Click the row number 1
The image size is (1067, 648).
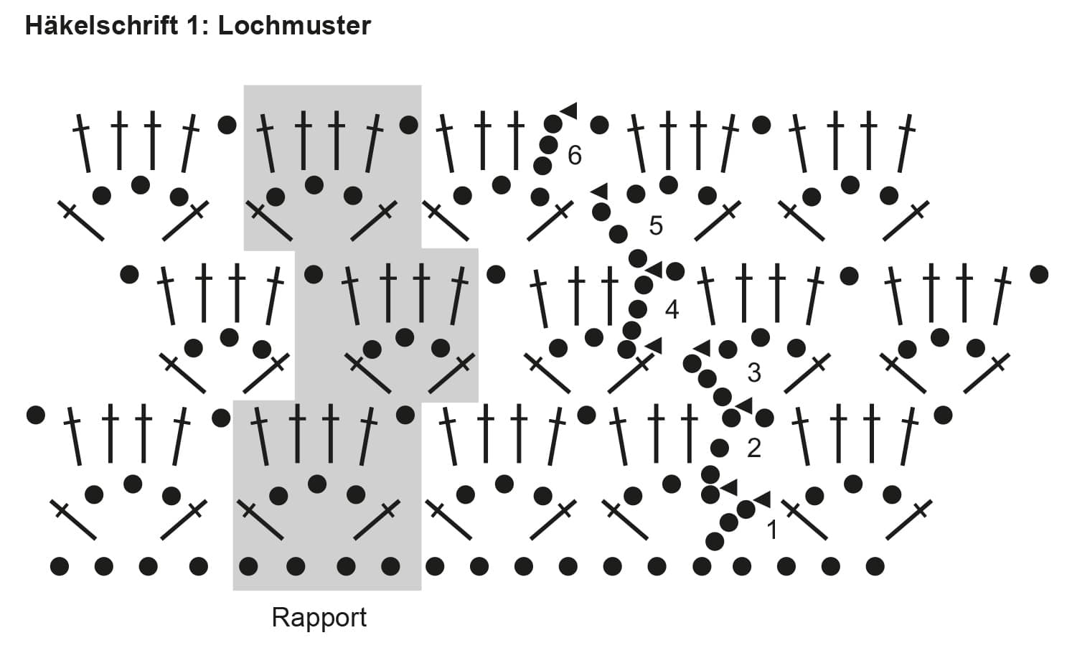772,530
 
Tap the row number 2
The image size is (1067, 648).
753,448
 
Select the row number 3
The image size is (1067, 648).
753,372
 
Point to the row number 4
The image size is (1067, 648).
672,309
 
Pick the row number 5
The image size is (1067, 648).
655,226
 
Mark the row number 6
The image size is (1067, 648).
574,155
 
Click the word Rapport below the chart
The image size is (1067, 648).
319,617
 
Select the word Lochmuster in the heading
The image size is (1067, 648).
294,26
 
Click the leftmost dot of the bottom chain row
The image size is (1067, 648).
60,566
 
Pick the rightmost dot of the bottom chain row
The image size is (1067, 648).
875,566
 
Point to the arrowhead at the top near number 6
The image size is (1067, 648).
569,110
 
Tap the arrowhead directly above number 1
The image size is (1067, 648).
761,499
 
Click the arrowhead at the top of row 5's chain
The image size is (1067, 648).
599,191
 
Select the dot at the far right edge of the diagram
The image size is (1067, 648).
1038,273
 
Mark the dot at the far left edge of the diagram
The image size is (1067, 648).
36,414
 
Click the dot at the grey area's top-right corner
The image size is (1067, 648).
408,125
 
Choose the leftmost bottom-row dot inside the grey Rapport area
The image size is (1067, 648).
248,566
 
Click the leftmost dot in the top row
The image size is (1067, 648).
227,125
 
